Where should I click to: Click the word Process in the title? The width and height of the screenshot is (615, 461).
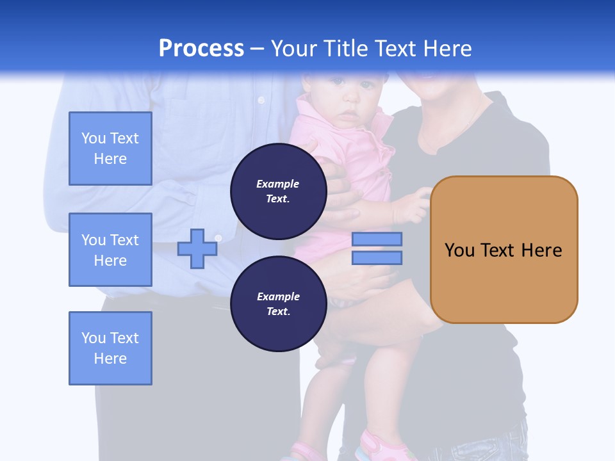(201, 48)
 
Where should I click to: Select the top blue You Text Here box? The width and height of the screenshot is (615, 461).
(110, 149)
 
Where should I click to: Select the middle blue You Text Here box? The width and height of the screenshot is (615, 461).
(110, 250)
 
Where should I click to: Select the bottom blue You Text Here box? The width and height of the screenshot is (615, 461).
(110, 348)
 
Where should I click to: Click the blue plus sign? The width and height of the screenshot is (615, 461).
(197, 248)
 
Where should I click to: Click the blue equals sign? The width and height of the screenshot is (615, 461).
(377, 248)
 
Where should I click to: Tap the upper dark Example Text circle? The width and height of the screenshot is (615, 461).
(278, 191)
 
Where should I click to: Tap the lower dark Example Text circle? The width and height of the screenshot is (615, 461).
(278, 303)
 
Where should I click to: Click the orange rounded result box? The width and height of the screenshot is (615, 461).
(504, 250)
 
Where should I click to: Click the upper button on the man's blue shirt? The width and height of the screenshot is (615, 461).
(261, 100)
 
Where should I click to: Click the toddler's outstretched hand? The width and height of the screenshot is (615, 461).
(420, 202)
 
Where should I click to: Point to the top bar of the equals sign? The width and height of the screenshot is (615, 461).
(377, 239)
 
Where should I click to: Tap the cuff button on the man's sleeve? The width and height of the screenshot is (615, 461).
(218, 238)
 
